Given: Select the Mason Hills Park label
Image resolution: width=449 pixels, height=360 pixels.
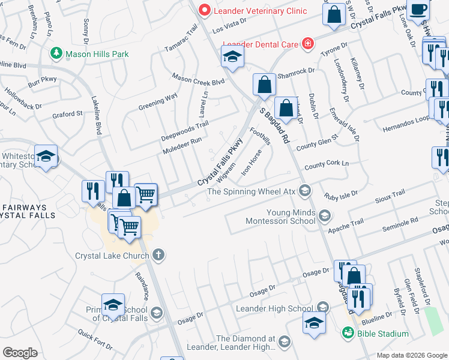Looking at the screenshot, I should [x=97, y=54].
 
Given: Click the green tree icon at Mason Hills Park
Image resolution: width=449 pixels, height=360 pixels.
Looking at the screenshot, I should [x=57, y=53].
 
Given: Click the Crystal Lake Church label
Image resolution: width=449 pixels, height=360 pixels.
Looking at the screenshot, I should [x=112, y=256].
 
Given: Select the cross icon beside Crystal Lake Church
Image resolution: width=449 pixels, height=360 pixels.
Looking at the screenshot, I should [x=158, y=256].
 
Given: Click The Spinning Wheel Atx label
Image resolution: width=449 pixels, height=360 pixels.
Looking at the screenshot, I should [x=252, y=192].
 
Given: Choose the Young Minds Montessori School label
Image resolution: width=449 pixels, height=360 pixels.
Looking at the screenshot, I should [x=281, y=216].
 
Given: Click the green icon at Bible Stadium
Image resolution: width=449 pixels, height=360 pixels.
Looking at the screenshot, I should [x=347, y=332].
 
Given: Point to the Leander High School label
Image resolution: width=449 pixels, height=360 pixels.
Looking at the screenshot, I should [x=275, y=308].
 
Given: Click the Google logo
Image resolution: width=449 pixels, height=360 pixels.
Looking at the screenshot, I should [x=20, y=353].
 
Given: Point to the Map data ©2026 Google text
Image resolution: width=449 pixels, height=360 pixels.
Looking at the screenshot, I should [x=411, y=355].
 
